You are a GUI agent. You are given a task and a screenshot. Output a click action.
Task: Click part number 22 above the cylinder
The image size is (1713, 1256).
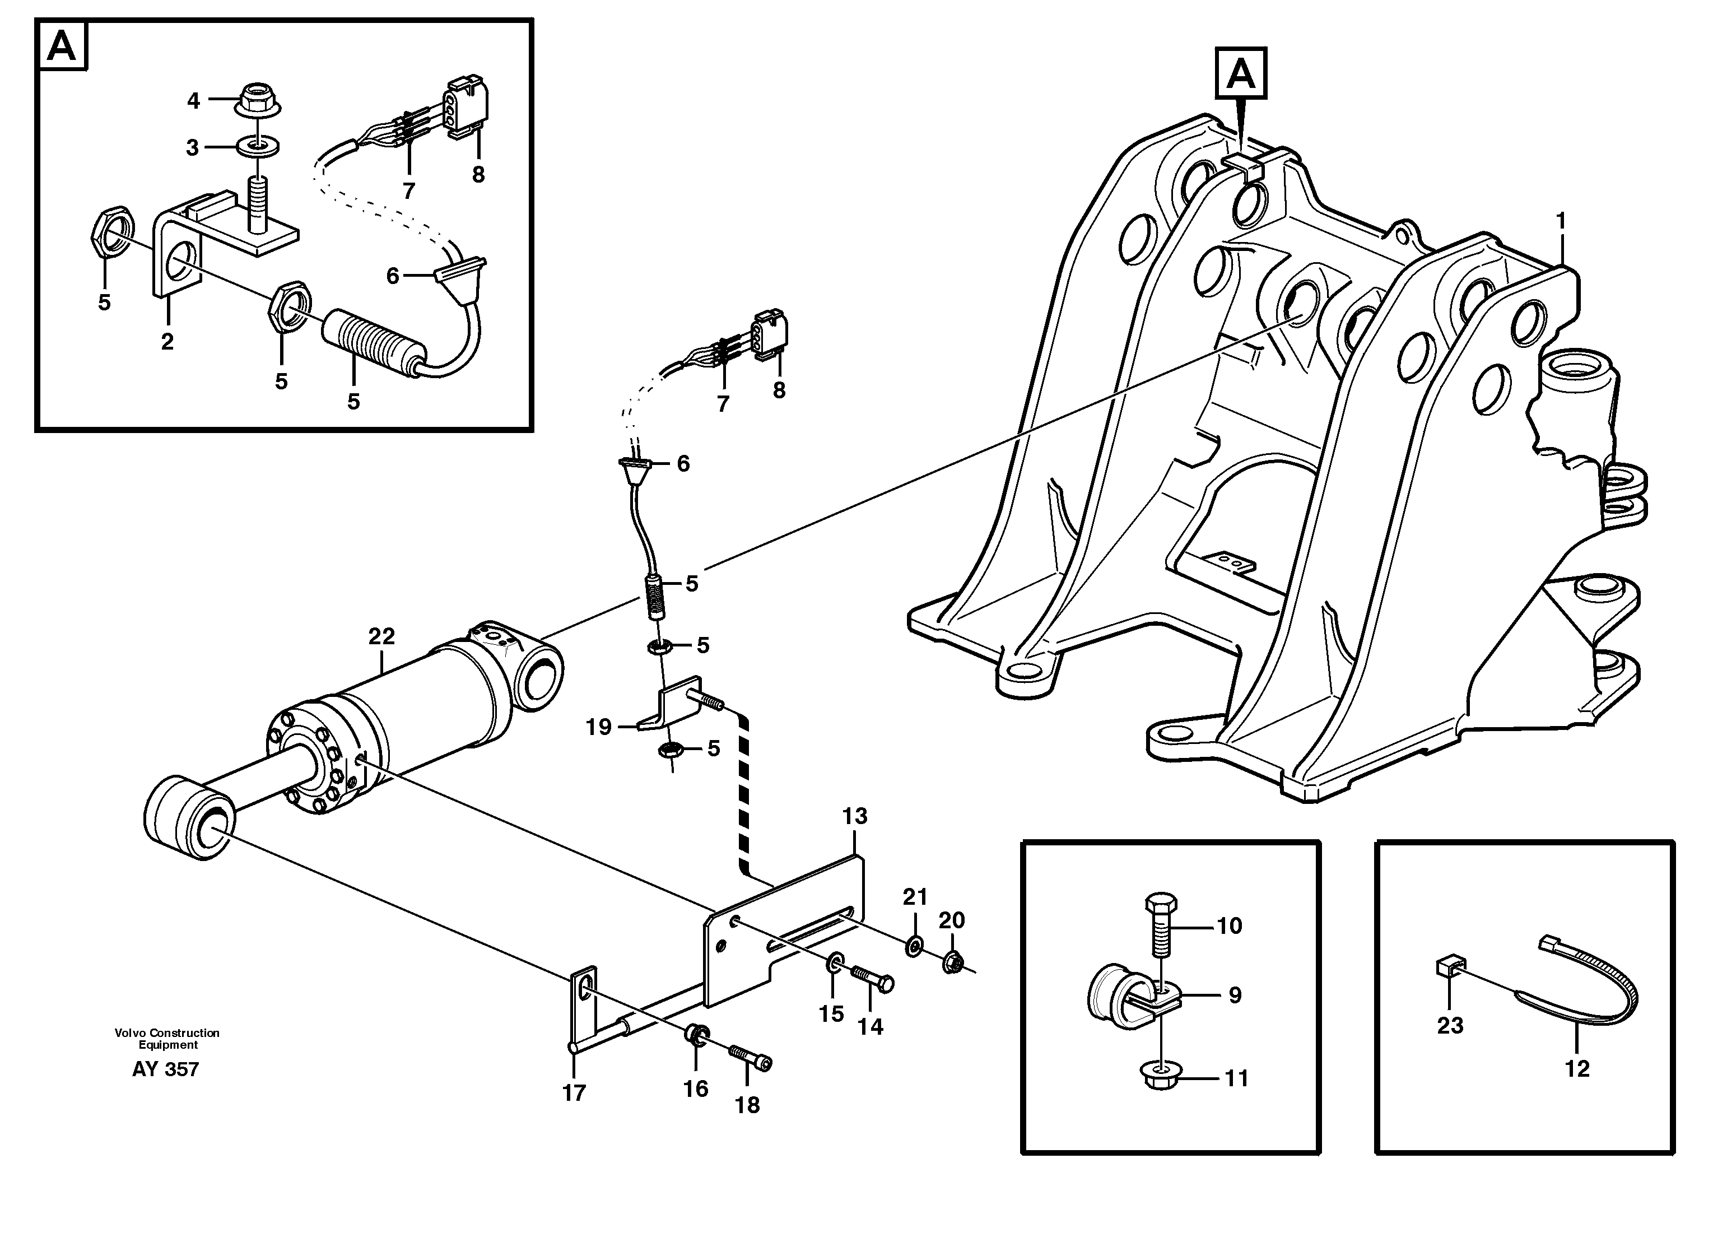click(x=381, y=636)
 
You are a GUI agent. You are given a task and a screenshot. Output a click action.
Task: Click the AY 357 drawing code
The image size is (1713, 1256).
click(x=165, y=1069)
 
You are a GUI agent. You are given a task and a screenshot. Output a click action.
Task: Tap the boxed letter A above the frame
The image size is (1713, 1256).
click(x=1241, y=74)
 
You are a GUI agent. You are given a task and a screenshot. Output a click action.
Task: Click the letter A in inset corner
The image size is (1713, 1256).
click(x=62, y=47)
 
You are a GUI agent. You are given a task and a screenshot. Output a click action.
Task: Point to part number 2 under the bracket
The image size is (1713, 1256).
click(x=167, y=341)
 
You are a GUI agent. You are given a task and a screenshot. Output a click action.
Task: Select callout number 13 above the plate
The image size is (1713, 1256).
click(x=855, y=816)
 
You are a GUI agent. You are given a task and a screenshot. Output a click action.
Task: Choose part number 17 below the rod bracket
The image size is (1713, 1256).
click(x=574, y=1092)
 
